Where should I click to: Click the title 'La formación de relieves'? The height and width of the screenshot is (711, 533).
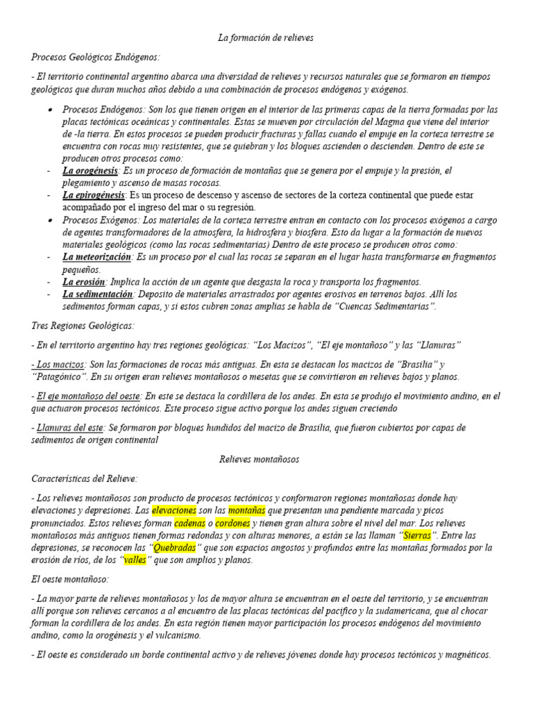click(266, 37)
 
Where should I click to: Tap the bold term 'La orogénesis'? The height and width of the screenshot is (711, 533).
click(90, 170)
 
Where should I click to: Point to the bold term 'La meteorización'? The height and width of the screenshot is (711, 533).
click(96, 257)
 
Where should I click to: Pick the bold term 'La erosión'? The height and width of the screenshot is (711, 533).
click(83, 282)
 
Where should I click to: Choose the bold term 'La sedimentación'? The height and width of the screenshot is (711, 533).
click(97, 294)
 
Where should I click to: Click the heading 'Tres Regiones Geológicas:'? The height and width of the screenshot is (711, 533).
click(83, 326)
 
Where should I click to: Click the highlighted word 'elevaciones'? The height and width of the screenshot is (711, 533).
click(174, 510)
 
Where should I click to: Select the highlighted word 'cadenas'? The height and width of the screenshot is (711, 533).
click(189, 523)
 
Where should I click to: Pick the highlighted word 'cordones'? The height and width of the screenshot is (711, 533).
click(232, 523)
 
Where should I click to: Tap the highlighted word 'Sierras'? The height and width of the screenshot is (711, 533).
click(416, 535)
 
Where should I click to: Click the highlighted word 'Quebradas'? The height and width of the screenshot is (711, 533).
click(174, 548)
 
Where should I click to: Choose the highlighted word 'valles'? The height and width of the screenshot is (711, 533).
click(135, 560)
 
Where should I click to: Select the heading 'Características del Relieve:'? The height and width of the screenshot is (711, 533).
click(85, 478)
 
